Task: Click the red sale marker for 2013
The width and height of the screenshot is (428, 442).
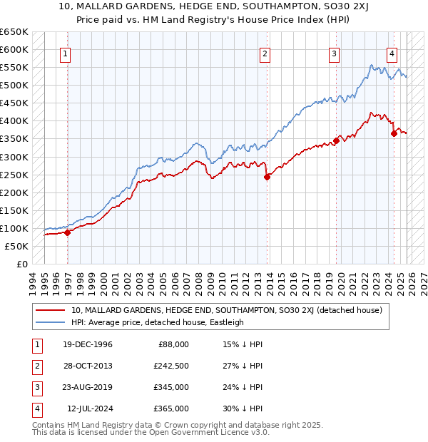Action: (x=267, y=178)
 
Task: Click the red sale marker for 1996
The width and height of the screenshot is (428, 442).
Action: (x=67, y=232)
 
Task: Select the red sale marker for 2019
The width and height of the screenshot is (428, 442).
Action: (x=335, y=140)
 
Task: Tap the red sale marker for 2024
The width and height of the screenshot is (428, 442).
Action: (x=393, y=133)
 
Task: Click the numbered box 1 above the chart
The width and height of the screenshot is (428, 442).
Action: (x=65, y=53)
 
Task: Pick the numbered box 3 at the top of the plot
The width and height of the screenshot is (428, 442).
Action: (x=334, y=53)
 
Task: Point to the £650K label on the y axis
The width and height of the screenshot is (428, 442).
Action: (x=14, y=32)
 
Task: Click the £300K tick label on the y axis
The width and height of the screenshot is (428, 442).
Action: (x=14, y=157)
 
